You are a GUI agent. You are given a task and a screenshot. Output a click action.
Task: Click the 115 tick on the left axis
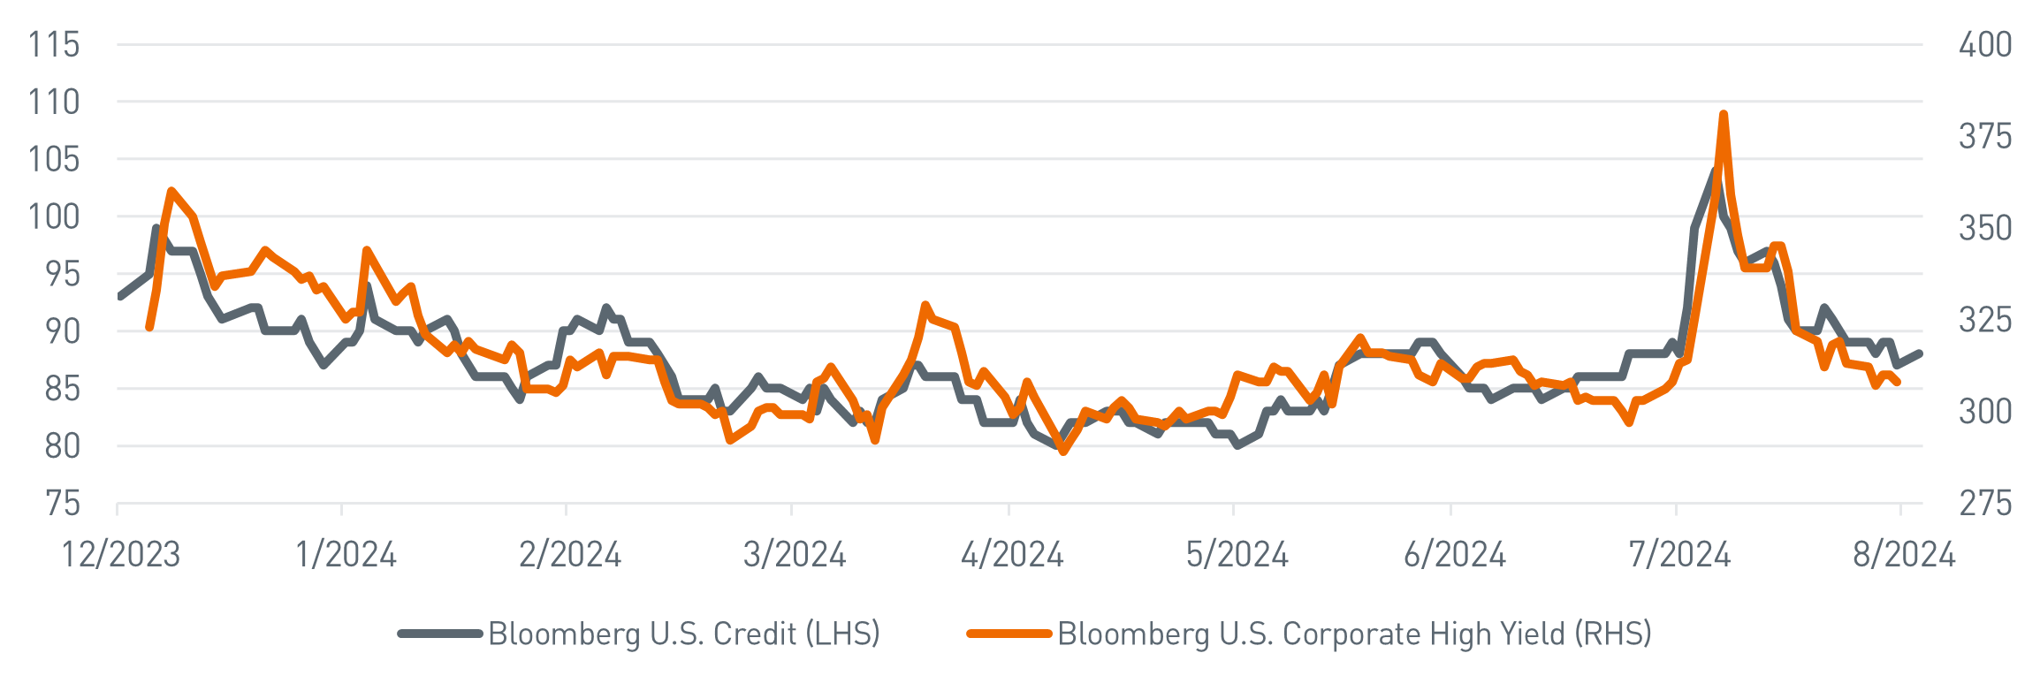click(54, 45)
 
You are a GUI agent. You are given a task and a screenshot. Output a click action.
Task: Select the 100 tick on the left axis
click(54, 217)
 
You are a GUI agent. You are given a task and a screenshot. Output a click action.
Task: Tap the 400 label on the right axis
click(1985, 45)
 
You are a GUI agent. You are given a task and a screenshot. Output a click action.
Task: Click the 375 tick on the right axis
click(1985, 137)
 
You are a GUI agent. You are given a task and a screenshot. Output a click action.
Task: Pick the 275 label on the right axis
click(1985, 505)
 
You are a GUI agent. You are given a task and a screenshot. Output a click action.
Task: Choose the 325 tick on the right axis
click(1985, 320)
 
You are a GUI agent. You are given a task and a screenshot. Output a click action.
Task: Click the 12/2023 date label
click(121, 555)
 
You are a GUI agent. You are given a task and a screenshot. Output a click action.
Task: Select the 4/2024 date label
click(1012, 555)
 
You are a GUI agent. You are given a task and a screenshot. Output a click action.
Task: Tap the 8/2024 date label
click(1904, 555)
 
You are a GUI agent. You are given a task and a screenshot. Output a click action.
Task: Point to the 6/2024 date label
click(1454, 555)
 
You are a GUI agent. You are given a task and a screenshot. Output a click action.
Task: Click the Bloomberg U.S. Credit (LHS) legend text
click(683, 634)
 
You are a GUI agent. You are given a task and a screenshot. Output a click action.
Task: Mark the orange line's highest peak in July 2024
click(1723, 114)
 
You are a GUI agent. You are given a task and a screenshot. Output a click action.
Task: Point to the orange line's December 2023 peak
click(171, 190)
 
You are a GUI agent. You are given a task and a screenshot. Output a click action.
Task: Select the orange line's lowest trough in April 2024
click(1062, 452)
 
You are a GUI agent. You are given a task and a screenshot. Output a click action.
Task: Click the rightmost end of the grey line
click(1920, 353)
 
